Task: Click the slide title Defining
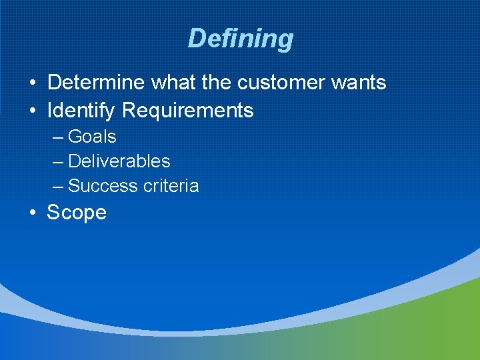pyautogui.click(x=240, y=39)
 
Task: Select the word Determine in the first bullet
pyautogui.click(x=97, y=83)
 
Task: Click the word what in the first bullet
pyautogui.click(x=175, y=83)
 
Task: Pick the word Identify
pyautogui.click(x=82, y=111)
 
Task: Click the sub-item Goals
pyautogui.click(x=92, y=137)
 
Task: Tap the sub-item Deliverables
pyautogui.click(x=119, y=161)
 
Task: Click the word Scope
pyautogui.click(x=77, y=213)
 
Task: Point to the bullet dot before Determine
pyautogui.click(x=32, y=83)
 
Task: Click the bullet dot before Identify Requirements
pyautogui.click(x=32, y=111)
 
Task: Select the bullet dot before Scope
pyautogui.click(x=32, y=213)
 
